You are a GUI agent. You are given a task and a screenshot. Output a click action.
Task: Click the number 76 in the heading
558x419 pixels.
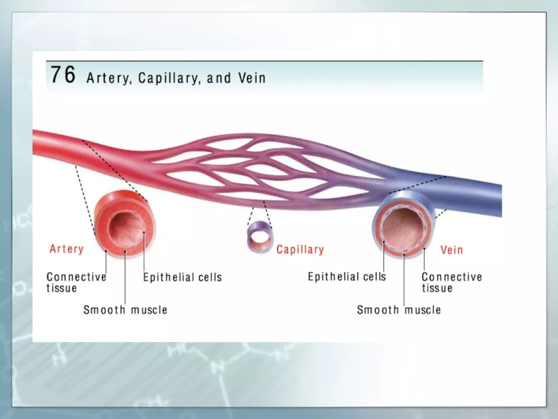[63, 74]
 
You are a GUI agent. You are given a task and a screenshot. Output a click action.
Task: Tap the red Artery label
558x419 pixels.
[66, 249]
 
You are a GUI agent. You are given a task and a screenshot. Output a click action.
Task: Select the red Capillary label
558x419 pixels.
[300, 250]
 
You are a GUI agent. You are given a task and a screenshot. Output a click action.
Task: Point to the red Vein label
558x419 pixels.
[452, 250]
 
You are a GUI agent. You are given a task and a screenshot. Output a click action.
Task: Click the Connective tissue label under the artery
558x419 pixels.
[76, 282]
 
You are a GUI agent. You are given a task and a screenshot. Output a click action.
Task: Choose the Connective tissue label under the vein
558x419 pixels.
[451, 282]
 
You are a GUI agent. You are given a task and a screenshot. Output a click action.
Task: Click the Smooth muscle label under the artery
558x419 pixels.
[125, 310]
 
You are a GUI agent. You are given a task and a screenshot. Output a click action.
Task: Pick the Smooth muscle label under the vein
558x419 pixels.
[399, 310]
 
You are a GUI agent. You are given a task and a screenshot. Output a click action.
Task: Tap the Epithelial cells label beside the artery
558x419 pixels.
[182, 277]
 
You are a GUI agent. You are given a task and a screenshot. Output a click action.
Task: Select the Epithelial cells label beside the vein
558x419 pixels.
[347, 277]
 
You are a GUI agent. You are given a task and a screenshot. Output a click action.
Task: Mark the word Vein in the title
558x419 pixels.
[252, 78]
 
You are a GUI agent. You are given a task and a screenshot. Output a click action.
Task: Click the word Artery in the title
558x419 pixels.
[108, 78]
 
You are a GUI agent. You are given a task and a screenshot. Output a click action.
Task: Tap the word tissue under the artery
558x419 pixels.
[62, 288]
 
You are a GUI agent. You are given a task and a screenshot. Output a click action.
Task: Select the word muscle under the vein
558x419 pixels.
[423, 310]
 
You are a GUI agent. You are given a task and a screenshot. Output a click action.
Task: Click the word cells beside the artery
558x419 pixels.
[210, 277]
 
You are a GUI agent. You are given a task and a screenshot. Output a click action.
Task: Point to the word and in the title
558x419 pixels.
[219, 78]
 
